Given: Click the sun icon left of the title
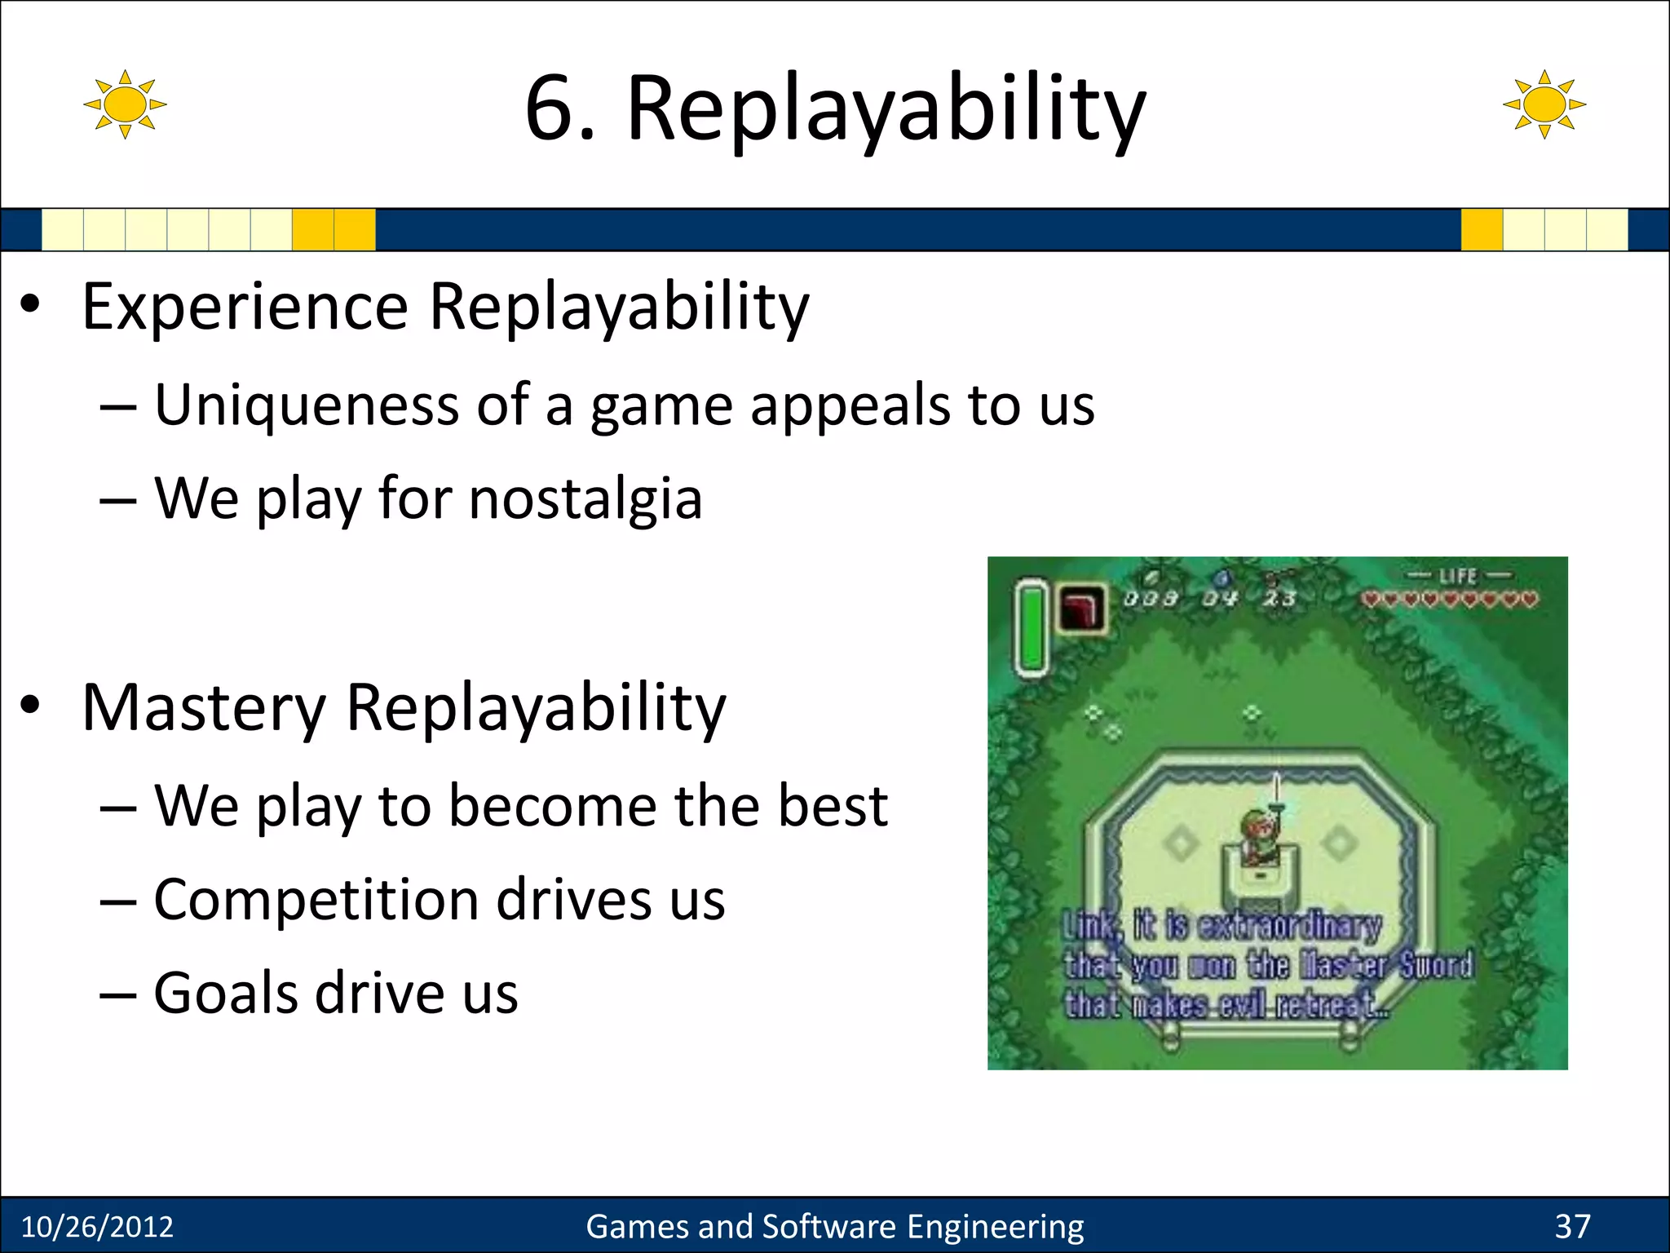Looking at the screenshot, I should click(125, 104).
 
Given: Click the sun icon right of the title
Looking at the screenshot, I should click(1544, 104).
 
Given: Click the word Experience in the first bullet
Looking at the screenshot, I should click(245, 308).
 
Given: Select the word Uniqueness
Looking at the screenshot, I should click(307, 405).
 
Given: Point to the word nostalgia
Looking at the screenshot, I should click(585, 498).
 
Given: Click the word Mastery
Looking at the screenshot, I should click(204, 708).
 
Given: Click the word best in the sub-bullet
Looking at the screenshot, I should click(832, 806).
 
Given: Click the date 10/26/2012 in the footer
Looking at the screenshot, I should click(97, 1227).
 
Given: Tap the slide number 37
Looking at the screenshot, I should click(1572, 1226).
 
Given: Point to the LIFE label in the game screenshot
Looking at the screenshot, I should click(1458, 576).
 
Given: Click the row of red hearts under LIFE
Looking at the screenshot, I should click(1449, 600).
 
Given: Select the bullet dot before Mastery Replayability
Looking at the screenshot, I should click(30, 706).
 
